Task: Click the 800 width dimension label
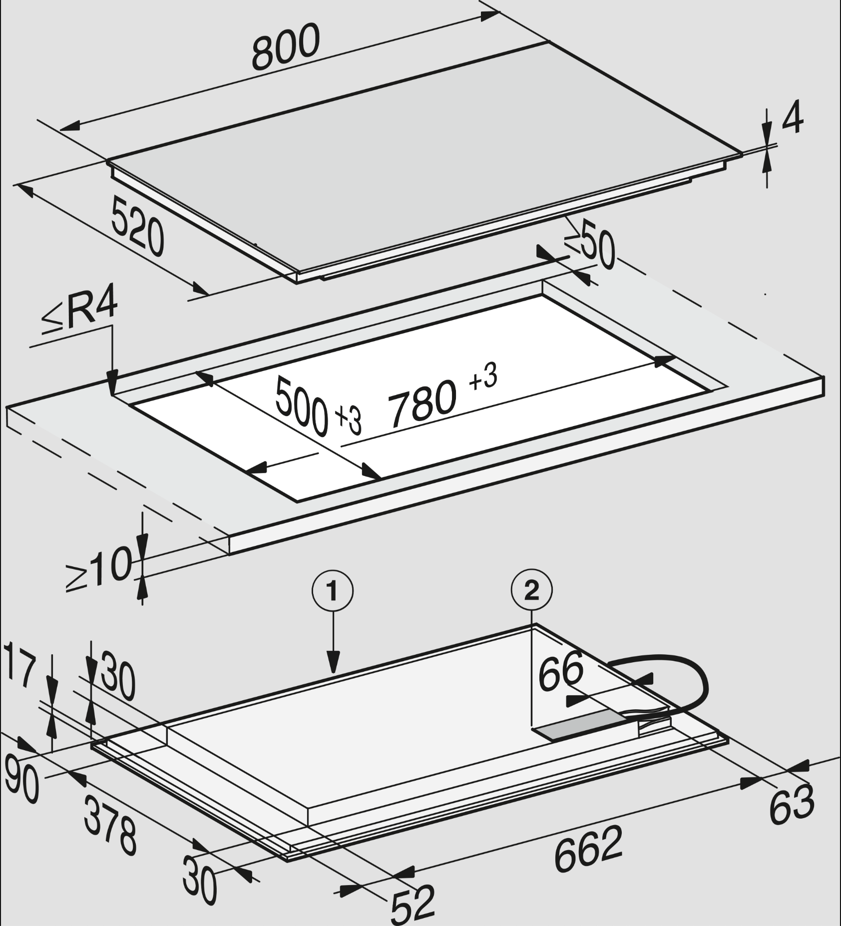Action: click(286, 47)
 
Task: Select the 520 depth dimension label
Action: click(137, 226)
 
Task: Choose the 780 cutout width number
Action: click(422, 404)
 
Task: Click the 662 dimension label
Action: click(588, 849)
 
